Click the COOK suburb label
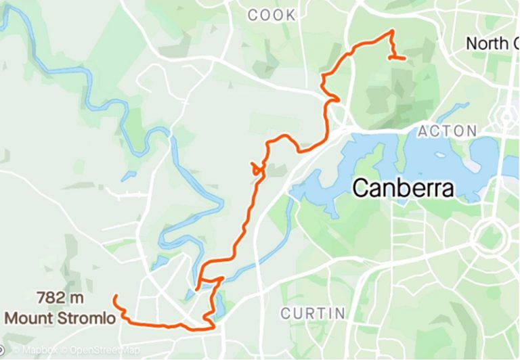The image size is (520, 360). point(272,15)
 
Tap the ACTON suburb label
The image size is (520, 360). point(447,131)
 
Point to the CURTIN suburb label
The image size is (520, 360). point(313,313)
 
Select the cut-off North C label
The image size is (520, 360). point(492,44)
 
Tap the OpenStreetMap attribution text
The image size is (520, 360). point(102,351)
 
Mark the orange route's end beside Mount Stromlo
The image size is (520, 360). point(116,297)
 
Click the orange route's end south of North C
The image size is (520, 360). point(404,59)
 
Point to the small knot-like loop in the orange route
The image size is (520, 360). point(257,168)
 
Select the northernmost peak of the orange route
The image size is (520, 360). point(391,31)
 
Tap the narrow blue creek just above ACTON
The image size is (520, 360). point(452,111)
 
